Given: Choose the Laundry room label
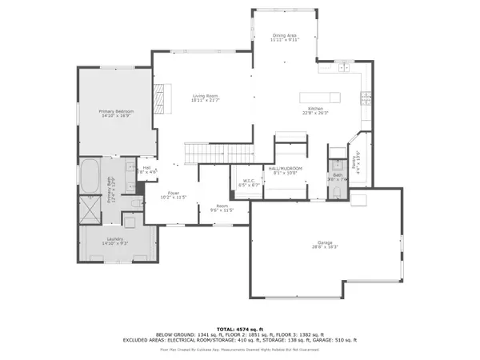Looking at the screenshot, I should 116,240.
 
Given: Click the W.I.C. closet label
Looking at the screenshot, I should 248,181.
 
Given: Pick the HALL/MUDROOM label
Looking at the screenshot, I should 285,169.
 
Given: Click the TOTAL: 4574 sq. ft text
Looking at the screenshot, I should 240,330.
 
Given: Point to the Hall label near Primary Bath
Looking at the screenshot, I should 147,168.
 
